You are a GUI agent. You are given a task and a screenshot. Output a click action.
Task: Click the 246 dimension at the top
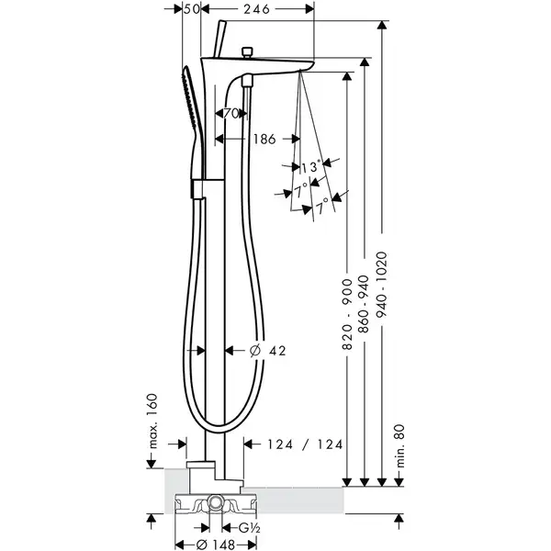tap(257, 9)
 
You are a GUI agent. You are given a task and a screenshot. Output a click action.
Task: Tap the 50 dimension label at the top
tap(192, 9)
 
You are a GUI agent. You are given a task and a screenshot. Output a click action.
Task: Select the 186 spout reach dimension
tap(264, 140)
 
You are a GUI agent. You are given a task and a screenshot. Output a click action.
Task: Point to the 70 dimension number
tap(231, 114)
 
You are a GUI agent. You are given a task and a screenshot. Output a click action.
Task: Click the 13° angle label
tap(311, 166)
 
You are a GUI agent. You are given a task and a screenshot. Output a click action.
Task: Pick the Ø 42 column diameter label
tap(268, 351)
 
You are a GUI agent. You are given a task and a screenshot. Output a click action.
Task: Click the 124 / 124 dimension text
tap(305, 444)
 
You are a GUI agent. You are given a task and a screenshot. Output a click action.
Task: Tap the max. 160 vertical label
tap(152, 422)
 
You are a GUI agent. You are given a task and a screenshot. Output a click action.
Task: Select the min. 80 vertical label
tap(400, 446)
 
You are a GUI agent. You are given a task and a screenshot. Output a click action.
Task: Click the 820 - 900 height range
tap(347, 314)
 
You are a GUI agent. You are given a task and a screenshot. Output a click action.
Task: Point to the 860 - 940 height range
tap(365, 304)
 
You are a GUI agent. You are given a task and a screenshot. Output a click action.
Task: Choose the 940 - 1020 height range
tap(382, 284)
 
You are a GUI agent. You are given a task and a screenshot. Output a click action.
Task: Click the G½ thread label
tap(249, 528)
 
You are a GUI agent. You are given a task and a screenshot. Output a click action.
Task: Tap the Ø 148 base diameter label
tap(216, 545)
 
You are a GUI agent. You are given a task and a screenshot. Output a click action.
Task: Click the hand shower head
tap(191, 102)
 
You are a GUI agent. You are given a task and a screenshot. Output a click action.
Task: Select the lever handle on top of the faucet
tap(220, 39)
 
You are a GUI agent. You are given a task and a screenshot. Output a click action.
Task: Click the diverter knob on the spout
tap(248, 52)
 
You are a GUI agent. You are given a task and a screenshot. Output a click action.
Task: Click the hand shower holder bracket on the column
tap(197, 188)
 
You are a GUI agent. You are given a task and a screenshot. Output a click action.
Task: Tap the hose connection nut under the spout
tap(247, 82)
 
